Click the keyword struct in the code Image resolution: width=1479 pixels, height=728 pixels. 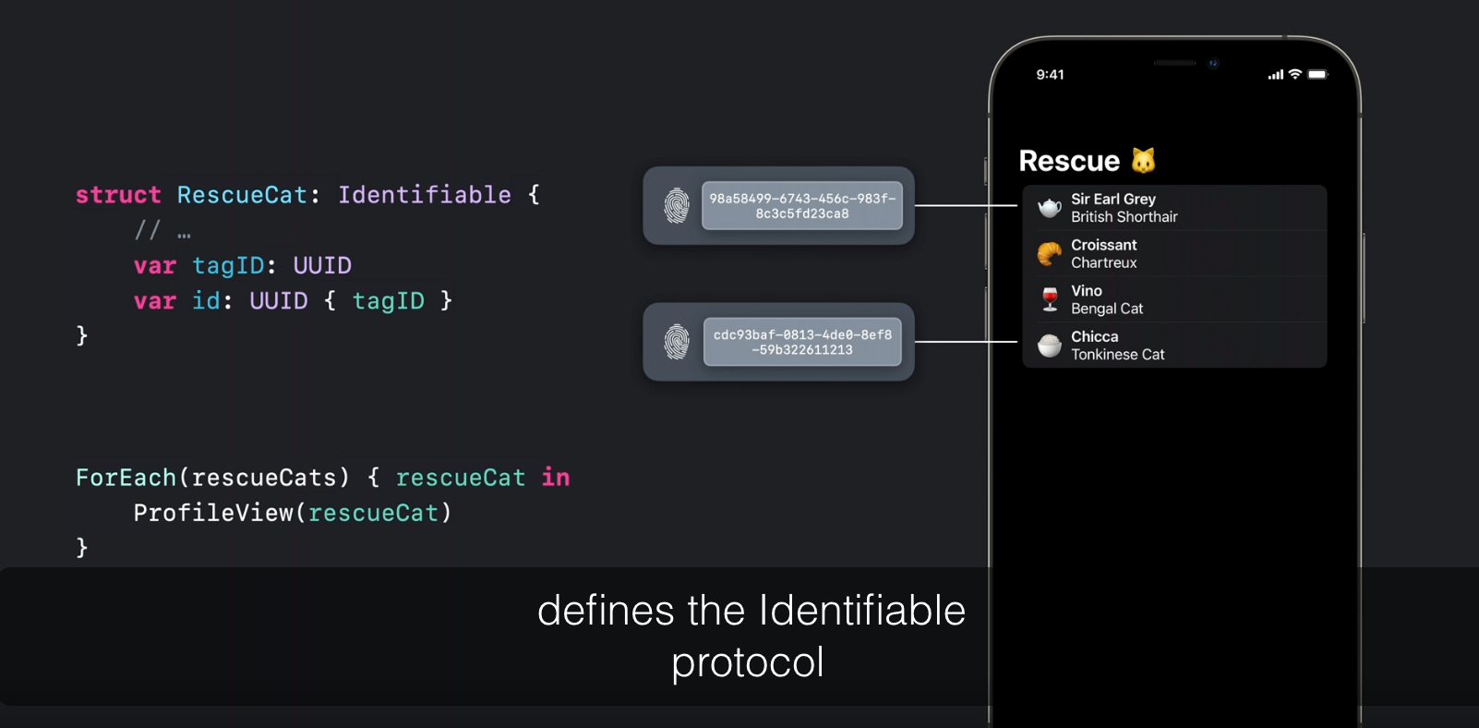click(x=118, y=195)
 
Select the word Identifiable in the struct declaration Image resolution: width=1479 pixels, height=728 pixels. click(x=424, y=195)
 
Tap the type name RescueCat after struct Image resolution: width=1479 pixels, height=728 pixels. click(x=242, y=195)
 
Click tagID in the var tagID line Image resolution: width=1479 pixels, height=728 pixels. click(x=228, y=266)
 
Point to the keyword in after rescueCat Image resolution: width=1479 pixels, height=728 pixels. click(x=556, y=478)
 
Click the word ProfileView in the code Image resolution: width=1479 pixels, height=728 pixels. click(x=213, y=513)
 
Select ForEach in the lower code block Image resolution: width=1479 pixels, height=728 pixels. click(x=126, y=478)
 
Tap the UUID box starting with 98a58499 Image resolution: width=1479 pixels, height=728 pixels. click(x=801, y=206)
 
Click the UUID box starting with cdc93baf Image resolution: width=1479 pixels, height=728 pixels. click(x=801, y=342)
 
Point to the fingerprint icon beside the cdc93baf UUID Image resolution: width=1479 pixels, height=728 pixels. click(x=677, y=342)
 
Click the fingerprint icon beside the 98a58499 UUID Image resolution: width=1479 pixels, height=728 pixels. click(x=677, y=206)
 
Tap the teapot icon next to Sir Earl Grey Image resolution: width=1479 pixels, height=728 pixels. click(x=1050, y=208)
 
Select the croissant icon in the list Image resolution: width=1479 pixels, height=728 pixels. click(x=1050, y=253)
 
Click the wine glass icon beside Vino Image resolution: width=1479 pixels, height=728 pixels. click(x=1050, y=299)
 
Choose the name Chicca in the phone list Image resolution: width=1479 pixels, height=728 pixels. click(x=1094, y=337)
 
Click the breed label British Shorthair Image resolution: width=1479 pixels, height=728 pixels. click(x=1124, y=217)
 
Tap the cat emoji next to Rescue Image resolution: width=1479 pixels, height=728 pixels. click(x=1144, y=161)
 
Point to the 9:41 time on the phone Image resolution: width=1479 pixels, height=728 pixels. click(x=1050, y=75)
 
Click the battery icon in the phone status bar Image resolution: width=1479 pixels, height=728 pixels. click(x=1317, y=75)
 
